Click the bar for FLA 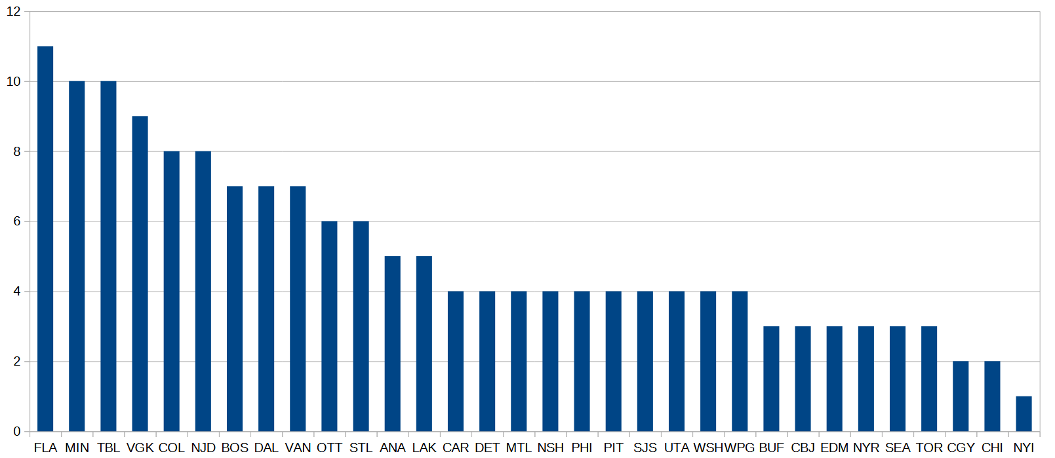(x=45, y=239)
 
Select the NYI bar (x=1024, y=414)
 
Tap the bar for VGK (x=140, y=274)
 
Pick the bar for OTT (x=329, y=326)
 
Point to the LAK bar (x=424, y=344)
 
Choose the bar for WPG (x=740, y=362)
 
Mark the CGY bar (x=961, y=396)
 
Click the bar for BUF (x=771, y=379)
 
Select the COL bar (x=171, y=292)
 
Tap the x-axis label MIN (x=77, y=448)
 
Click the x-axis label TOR (x=929, y=448)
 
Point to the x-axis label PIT (x=613, y=448)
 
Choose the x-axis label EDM (x=834, y=448)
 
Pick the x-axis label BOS (x=235, y=448)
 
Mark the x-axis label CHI (x=992, y=448)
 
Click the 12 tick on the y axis (x=14, y=12)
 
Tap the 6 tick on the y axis (x=17, y=221)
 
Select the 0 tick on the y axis (x=17, y=432)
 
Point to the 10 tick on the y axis (x=14, y=82)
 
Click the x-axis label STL (x=361, y=448)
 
